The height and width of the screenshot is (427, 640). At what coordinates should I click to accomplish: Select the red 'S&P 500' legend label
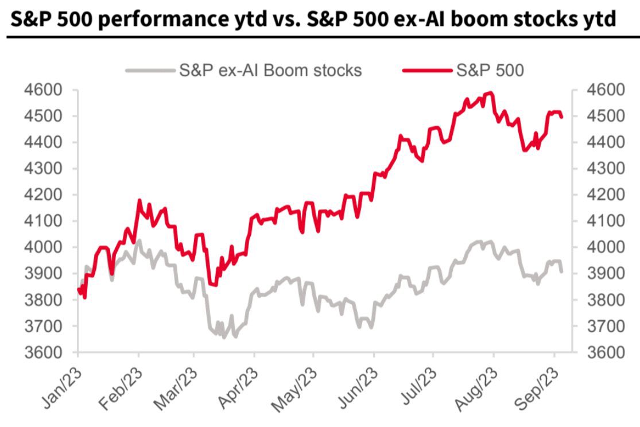pyautogui.click(x=491, y=70)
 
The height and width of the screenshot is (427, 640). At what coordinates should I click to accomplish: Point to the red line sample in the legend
pyautogui.click(x=428, y=71)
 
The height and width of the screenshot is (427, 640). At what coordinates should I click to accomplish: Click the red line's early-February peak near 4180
pyautogui.click(x=138, y=200)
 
